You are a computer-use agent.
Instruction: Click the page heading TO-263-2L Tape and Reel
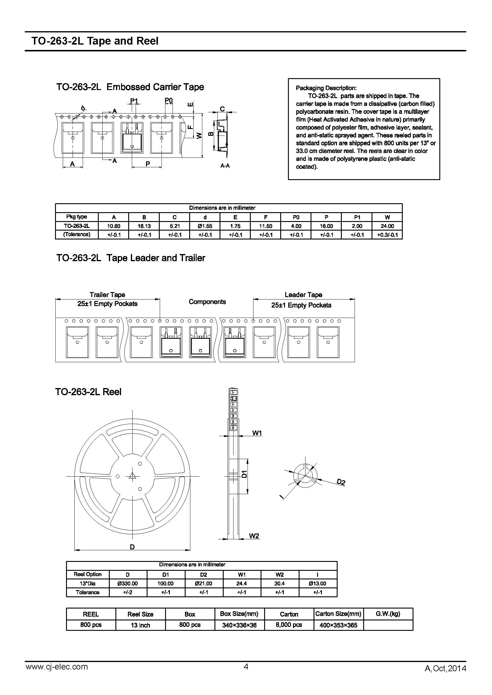click(95, 41)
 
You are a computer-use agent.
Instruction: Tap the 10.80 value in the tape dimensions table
click(114, 226)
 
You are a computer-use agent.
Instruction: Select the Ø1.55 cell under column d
click(205, 226)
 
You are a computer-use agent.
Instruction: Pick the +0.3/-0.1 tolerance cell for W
click(387, 235)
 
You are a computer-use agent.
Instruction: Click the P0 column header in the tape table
click(296, 217)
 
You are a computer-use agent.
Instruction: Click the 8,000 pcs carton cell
click(289, 625)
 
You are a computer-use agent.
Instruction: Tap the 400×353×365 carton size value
click(338, 625)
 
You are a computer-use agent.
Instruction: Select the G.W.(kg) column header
click(388, 614)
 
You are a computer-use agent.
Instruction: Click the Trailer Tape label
click(107, 294)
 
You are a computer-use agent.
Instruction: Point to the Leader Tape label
click(303, 294)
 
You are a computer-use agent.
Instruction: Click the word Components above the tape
click(207, 302)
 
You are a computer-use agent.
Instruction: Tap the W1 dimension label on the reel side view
click(257, 433)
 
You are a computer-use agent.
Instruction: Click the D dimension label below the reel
click(132, 547)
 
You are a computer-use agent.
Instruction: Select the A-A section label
click(225, 166)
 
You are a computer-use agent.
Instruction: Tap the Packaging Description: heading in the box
click(326, 88)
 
